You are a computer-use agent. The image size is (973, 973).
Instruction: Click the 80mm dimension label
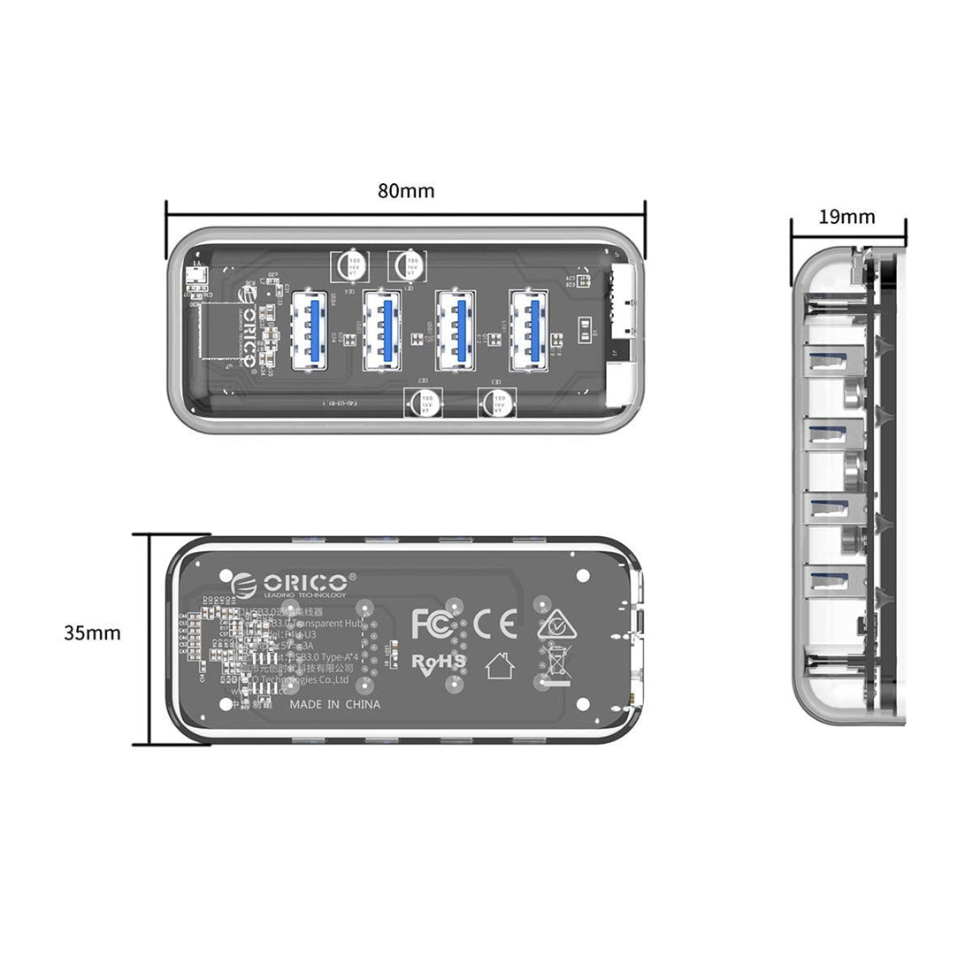coord(406,191)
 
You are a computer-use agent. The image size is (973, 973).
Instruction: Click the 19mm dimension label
coord(847,217)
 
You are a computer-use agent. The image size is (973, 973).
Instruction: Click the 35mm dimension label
coord(92,632)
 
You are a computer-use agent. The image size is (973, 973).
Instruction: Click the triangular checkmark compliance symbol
coord(555,624)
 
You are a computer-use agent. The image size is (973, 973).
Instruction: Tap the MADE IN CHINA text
coord(336,704)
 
